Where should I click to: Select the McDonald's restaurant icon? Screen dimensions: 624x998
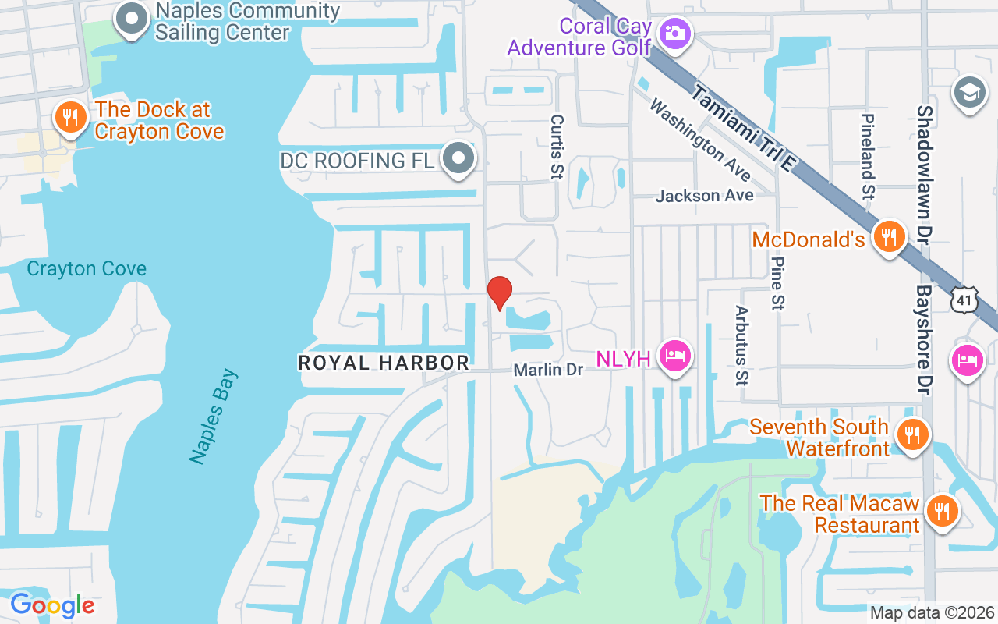887,236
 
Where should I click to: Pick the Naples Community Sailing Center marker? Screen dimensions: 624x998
132,19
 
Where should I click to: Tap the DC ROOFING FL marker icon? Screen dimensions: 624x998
458,159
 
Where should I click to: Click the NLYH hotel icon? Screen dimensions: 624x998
674,357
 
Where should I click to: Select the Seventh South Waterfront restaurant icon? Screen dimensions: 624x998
910,434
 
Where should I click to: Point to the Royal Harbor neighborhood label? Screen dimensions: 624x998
384,363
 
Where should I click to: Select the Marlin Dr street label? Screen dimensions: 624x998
548,370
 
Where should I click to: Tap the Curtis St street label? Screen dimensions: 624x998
556,147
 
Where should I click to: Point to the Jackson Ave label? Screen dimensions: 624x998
704,196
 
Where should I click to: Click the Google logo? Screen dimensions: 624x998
52,605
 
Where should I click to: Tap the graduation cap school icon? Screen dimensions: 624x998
969,93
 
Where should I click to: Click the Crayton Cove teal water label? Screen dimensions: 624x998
87,269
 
